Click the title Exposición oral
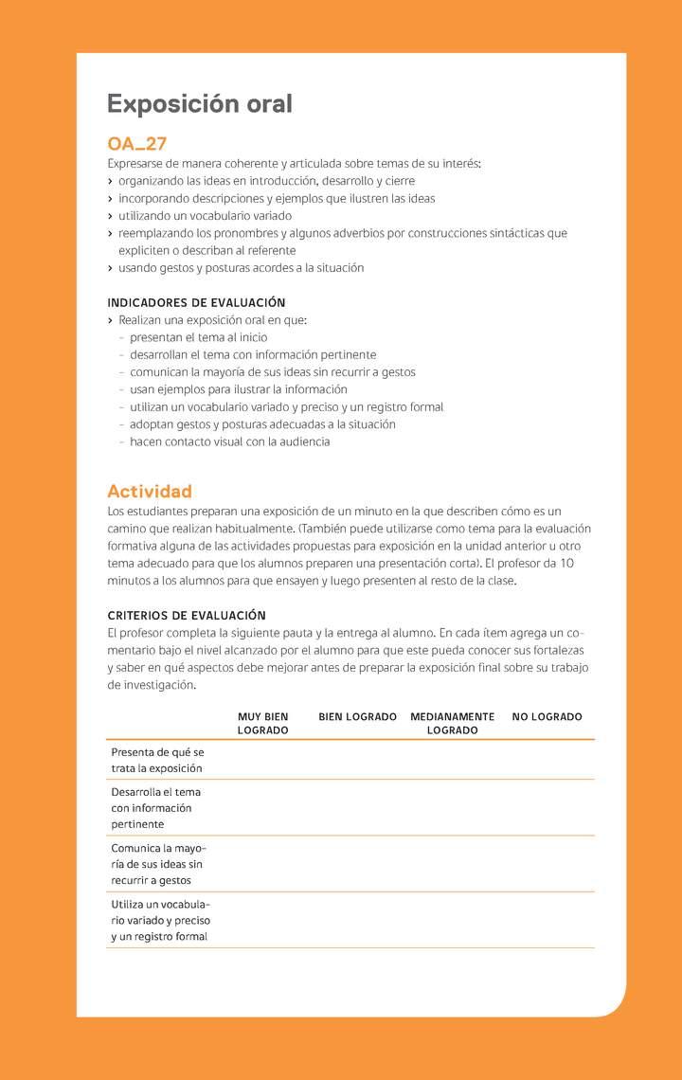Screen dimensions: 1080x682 [x=199, y=103]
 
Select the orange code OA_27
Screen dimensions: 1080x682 [x=136, y=144]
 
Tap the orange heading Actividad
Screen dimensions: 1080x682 [x=149, y=491]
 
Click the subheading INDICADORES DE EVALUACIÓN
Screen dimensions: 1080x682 [x=196, y=303]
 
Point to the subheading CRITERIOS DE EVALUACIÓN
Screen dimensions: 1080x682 [x=186, y=616]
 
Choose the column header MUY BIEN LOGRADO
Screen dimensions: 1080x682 [x=262, y=724]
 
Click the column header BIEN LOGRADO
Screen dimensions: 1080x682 [x=357, y=717]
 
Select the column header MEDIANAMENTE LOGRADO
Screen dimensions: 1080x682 [x=452, y=724]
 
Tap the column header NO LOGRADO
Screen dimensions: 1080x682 [x=547, y=717]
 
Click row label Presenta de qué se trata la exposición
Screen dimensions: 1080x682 [x=157, y=760]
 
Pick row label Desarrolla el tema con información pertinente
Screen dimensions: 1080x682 [x=155, y=808]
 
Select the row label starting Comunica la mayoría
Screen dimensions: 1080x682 [x=158, y=864]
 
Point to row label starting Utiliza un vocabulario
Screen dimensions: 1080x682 [x=160, y=920]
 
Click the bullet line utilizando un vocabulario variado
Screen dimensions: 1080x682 [x=205, y=216]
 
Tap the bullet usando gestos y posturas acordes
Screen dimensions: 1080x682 [x=241, y=268]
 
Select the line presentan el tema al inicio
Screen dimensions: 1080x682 [x=198, y=337]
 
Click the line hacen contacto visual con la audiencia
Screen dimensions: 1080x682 [x=229, y=441]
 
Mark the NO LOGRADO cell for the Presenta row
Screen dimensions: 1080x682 [x=547, y=760]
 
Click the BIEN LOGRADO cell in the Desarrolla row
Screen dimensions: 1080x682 [x=357, y=808]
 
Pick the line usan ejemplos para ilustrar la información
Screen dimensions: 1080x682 [x=238, y=389]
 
